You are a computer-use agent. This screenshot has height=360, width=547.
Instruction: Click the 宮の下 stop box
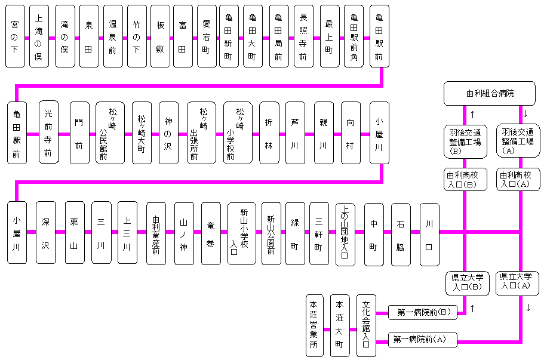tap(15, 36)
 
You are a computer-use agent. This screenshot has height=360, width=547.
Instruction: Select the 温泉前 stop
tap(113, 36)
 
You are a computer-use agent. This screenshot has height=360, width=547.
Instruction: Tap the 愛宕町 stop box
tap(207, 36)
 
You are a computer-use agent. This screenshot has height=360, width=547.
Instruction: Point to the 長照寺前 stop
tap(303, 36)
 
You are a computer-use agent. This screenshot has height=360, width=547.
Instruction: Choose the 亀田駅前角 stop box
tap(354, 36)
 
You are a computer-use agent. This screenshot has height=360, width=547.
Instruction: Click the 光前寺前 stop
tap(48, 133)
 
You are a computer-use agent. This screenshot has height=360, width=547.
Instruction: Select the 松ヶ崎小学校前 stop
tap(240, 133)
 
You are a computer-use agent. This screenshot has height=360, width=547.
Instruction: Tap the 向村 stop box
tap(351, 133)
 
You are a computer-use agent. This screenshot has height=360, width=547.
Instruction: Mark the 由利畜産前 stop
tap(156, 233)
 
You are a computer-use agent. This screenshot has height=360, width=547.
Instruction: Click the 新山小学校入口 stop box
tap(241, 233)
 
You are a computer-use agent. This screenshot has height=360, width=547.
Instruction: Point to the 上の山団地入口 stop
tap(345, 233)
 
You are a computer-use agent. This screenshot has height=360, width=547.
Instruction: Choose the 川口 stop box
tap(429, 233)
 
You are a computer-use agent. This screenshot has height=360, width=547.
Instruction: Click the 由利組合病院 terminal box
tap(490, 94)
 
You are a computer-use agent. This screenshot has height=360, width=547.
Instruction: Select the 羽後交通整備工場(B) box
tap(465, 141)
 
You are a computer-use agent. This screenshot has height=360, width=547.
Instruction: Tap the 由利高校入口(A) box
tap(518, 180)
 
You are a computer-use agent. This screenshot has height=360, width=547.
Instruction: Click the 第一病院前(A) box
tap(423, 340)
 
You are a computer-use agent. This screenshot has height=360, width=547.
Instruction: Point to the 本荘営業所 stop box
tap(314, 326)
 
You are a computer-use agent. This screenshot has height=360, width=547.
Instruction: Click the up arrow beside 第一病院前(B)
tap(472, 309)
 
